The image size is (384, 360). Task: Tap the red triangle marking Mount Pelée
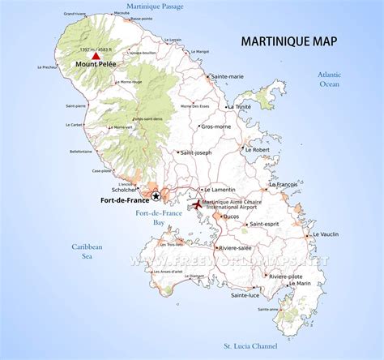coord(96,57)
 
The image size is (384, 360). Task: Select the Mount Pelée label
coord(97,66)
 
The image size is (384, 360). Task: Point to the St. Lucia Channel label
coord(251,347)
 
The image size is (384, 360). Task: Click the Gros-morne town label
coord(216,126)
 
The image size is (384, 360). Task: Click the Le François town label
coord(283,185)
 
